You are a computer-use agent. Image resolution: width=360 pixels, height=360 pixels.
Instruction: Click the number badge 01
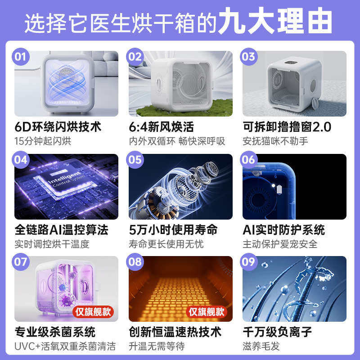[22, 57]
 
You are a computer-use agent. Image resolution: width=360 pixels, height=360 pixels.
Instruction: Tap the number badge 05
[135, 160]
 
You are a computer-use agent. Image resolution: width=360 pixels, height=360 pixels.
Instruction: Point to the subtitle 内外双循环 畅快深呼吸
[177, 141]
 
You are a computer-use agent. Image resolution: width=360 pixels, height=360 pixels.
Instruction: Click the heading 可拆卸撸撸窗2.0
[287, 127]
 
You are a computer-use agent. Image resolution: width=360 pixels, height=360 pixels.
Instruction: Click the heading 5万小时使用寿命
[173, 229]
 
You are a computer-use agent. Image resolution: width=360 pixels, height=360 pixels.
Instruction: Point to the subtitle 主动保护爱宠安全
[280, 244]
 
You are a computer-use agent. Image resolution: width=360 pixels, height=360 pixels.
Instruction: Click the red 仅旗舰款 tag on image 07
[93, 311]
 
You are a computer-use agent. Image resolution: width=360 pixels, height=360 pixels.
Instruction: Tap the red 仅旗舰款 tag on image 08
[207, 311]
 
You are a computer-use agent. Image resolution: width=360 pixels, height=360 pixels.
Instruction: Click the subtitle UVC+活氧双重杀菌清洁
[65, 346]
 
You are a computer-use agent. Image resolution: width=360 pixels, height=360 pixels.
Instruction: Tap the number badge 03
[249, 57]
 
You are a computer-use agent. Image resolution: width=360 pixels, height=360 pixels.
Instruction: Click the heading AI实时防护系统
[283, 229]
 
